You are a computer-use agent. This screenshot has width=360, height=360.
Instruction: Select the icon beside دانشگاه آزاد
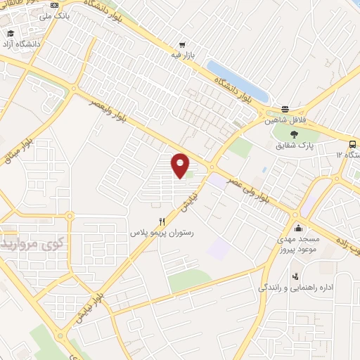tap(11, 34)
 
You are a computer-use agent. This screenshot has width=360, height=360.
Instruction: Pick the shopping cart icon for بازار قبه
tap(181, 44)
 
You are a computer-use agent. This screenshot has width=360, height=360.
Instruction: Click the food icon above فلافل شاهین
tap(285, 109)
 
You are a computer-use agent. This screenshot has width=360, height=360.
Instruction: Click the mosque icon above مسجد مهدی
tap(298, 227)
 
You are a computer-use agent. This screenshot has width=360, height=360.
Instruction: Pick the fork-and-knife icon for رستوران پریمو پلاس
tap(162, 221)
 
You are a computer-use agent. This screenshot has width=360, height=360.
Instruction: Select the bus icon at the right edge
tap(352, 143)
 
